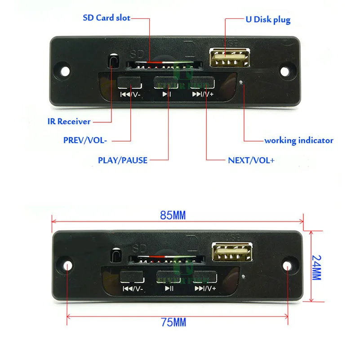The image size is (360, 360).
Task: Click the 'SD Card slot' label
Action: pyautogui.click(x=107, y=18)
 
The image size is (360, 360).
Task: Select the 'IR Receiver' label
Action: pyautogui.click(x=69, y=121)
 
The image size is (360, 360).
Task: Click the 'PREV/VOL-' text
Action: pyautogui.click(x=85, y=140)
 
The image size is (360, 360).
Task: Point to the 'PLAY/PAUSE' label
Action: pyautogui.click(x=123, y=160)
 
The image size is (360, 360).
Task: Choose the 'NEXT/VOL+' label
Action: pyautogui.click(x=251, y=160)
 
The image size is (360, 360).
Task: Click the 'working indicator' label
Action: pyautogui.click(x=298, y=140)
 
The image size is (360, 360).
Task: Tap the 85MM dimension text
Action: pyautogui.click(x=173, y=215)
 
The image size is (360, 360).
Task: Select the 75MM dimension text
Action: pyautogui.click(x=173, y=322)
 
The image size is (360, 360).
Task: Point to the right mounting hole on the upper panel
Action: pyautogui.click(x=286, y=71)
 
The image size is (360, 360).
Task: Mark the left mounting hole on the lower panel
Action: pyautogui.click(x=67, y=265)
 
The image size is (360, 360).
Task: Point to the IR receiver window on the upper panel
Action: pyautogui.click(x=114, y=62)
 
